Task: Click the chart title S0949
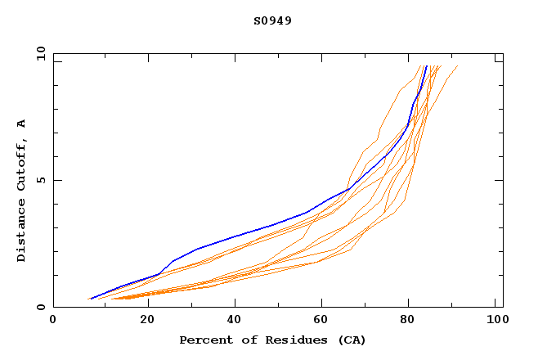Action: tap(272, 20)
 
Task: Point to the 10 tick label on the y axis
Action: tap(40, 53)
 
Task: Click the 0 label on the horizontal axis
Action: tap(53, 320)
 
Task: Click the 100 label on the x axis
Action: tap(496, 320)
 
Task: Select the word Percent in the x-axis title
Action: tap(203, 340)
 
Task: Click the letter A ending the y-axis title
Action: tap(21, 124)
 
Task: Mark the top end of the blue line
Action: tap(426, 65)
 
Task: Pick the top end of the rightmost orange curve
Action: tap(457, 65)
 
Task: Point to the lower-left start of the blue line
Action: tap(90, 299)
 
